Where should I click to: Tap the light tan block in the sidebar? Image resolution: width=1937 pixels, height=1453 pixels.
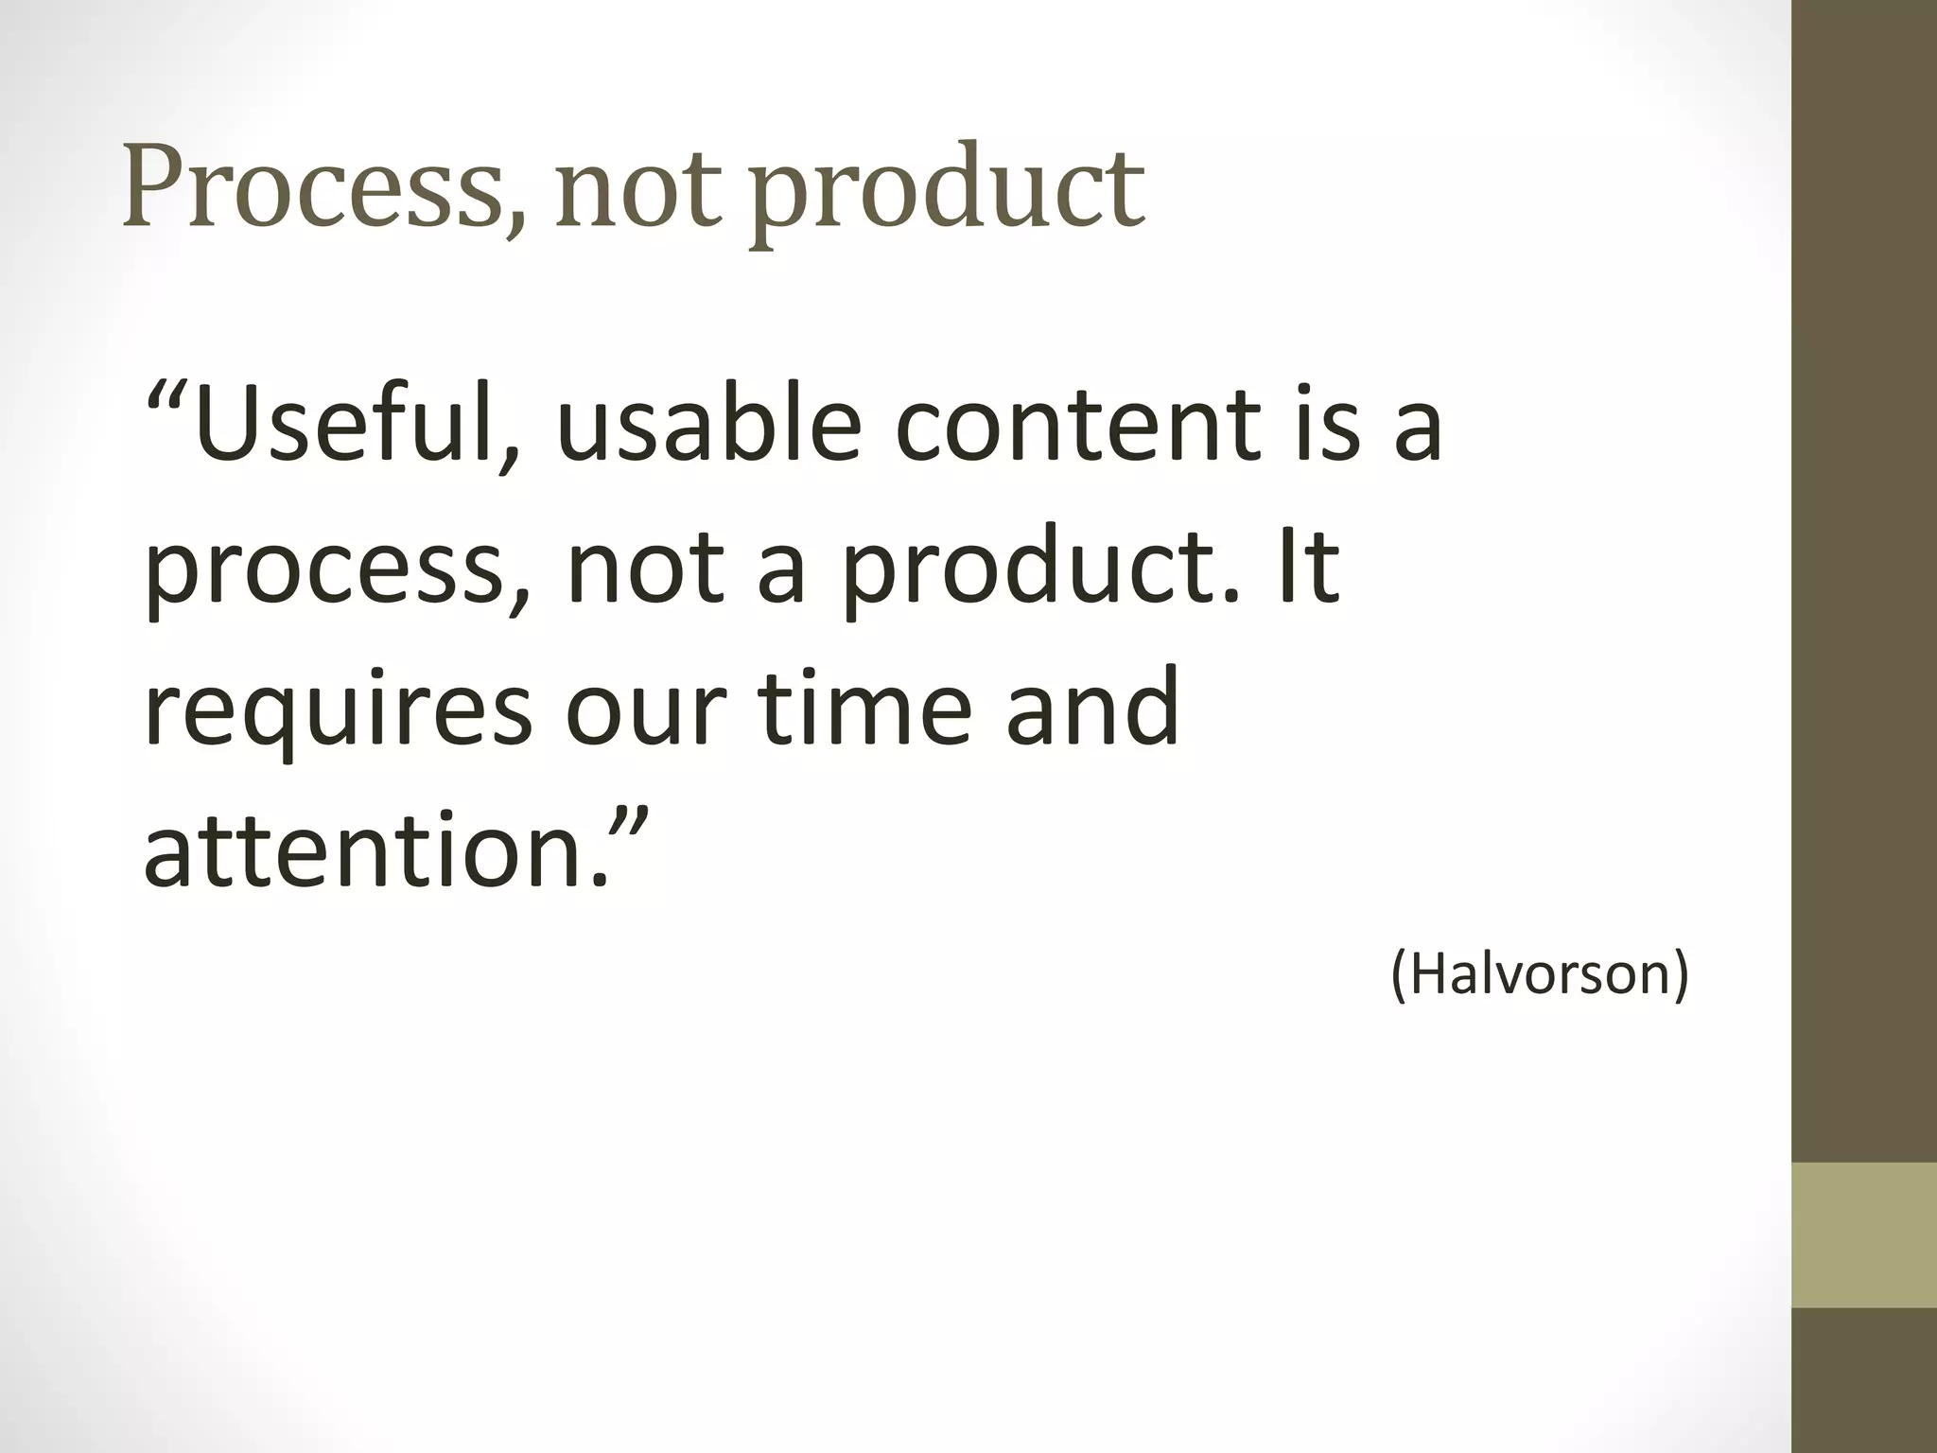pyautogui.click(x=1864, y=1234)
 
